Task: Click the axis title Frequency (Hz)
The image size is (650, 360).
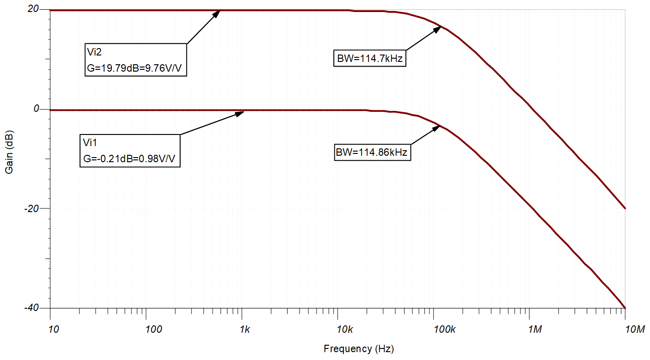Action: (x=359, y=349)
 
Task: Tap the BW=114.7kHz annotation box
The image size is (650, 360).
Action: (x=369, y=59)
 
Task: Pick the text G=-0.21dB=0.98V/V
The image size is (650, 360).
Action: (x=130, y=159)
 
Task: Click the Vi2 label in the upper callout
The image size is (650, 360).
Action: (x=94, y=52)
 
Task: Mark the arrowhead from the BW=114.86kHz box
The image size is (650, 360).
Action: (x=437, y=128)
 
